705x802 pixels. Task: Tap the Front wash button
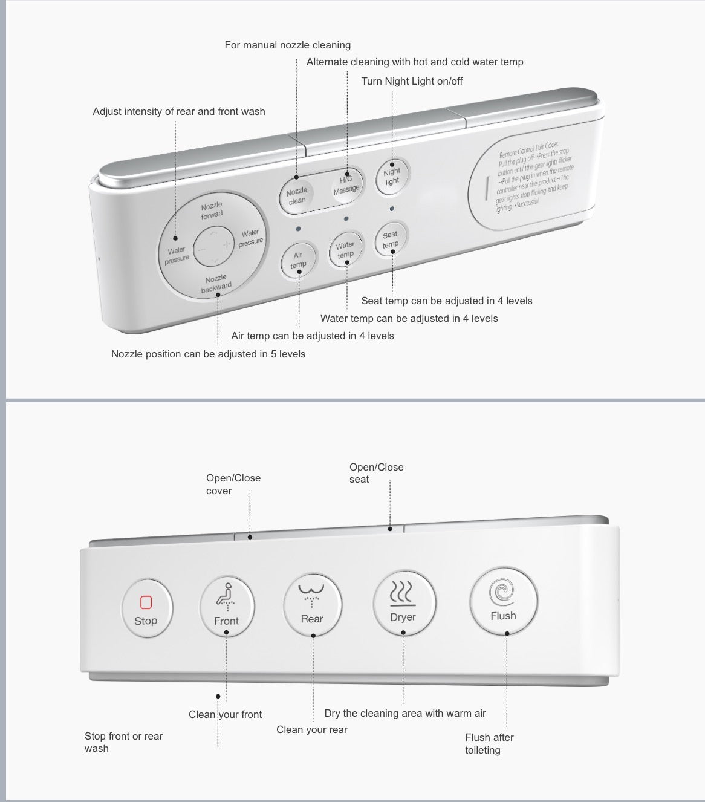tap(227, 606)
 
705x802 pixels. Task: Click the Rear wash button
tap(312, 604)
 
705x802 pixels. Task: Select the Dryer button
tap(403, 602)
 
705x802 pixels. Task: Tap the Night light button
tap(392, 177)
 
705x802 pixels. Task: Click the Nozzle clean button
tap(297, 195)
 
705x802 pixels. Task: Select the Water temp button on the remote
tap(345, 250)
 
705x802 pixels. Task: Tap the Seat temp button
tap(391, 240)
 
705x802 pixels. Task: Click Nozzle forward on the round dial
tap(212, 210)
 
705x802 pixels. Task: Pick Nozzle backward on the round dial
tap(216, 283)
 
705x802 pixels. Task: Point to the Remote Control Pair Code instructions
tap(531, 176)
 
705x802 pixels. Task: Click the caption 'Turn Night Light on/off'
tap(412, 81)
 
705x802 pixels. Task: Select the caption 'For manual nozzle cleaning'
tap(287, 45)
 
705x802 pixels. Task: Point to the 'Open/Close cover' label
tap(233, 484)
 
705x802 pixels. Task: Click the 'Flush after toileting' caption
tap(489, 743)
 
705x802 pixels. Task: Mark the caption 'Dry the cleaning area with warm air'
tap(405, 713)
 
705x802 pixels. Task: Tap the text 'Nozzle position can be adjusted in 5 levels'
tap(208, 354)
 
